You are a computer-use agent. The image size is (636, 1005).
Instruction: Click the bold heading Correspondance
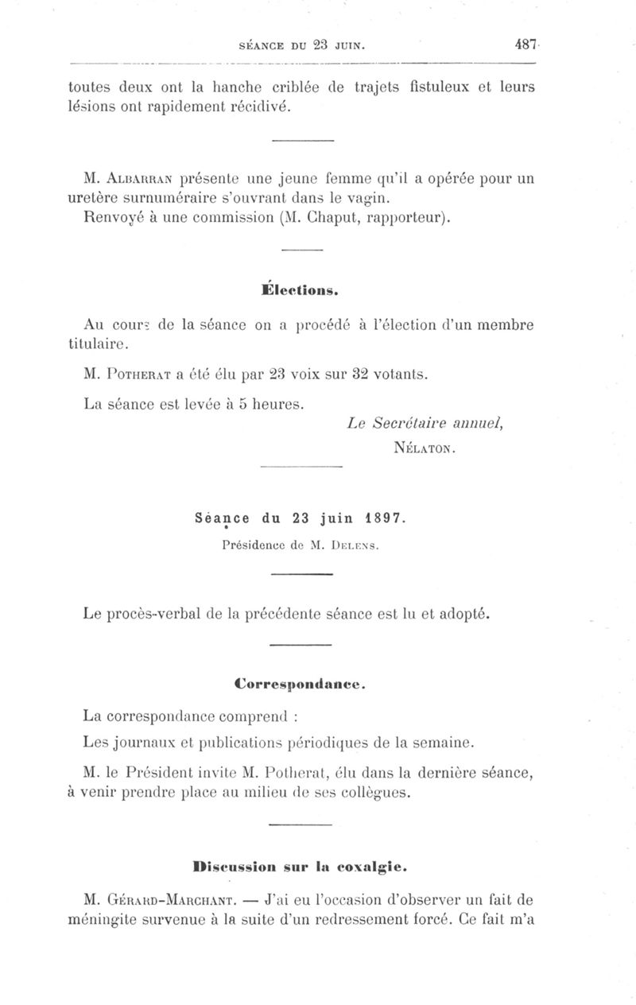[300, 683]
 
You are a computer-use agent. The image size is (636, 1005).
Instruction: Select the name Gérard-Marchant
[161, 900]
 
